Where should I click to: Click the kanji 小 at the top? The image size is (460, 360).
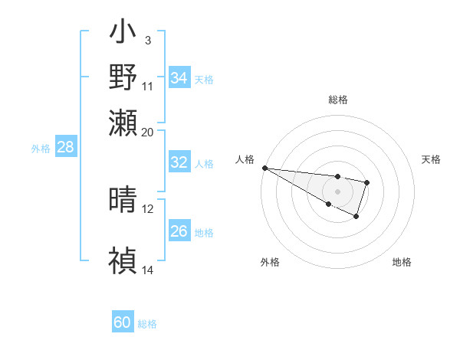[x=123, y=35]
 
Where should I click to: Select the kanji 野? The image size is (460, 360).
[x=123, y=77]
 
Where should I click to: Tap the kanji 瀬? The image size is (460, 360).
[x=123, y=122]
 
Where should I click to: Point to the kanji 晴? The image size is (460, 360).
[x=123, y=200]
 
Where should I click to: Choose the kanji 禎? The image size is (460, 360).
[x=123, y=261]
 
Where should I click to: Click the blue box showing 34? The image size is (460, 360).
[x=179, y=78]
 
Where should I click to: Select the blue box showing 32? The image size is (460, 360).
[x=179, y=162]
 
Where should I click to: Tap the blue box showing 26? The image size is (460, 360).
[x=179, y=231]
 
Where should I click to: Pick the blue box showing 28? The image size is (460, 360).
[x=66, y=147]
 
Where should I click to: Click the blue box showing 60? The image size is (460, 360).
[x=123, y=322]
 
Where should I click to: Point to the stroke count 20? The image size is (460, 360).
[x=147, y=132]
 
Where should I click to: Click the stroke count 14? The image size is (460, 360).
[x=147, y=270]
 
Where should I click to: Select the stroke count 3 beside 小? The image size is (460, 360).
[x=147, y=39]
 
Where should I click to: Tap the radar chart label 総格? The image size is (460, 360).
[x=337, y=100]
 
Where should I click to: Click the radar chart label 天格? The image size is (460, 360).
[x=431, y=159]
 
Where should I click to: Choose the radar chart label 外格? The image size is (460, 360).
[x=270, y=262]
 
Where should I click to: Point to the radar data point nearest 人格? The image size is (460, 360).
[x=264, y=168]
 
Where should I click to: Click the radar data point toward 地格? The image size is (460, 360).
[x=356, y=218]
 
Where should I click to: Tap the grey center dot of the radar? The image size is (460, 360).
[x=337, y=191]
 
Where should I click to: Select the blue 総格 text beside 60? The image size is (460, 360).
[x=147, y=324]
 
